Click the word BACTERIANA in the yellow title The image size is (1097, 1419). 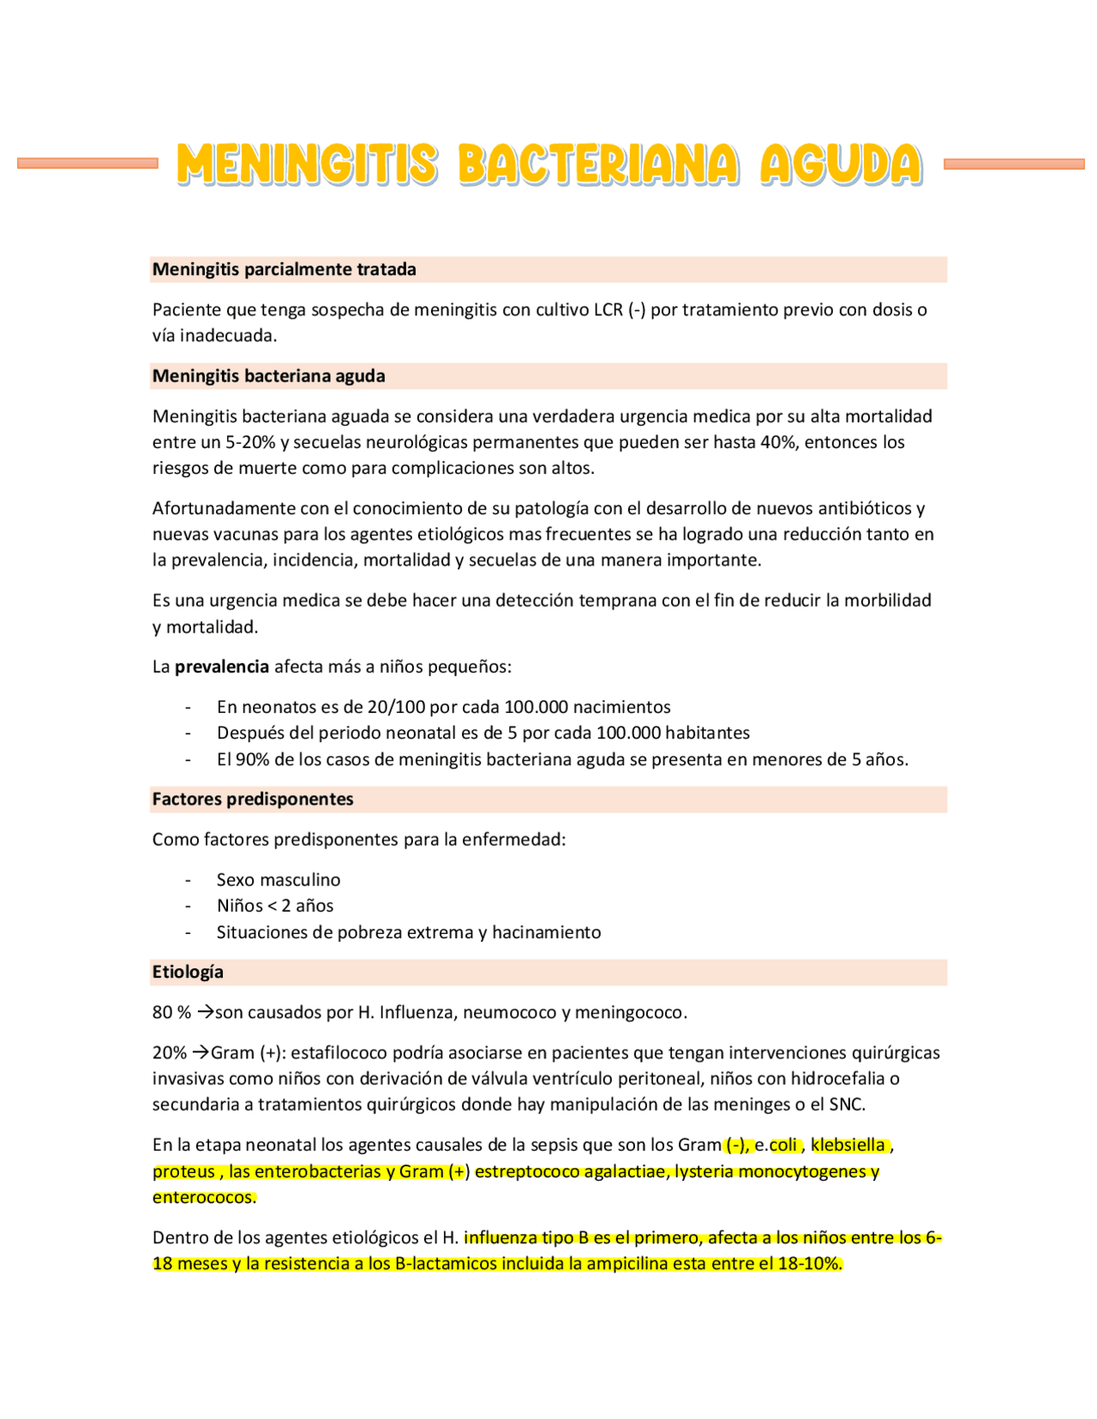[x=597, y=165]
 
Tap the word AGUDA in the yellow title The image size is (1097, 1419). [x=841, y=165]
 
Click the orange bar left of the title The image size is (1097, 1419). [x=87, y=163]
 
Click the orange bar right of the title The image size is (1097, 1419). [x=1014, y=163]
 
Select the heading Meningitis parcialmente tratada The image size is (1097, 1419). [x=284, y=270]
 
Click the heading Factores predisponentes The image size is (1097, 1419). [x=253, y=799]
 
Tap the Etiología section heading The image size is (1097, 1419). [x=188, y=973]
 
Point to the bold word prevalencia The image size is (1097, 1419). [x=222, y=667]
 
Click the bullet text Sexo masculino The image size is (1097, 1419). [x=279, y=880]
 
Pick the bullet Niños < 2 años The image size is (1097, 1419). [x=275, y=906]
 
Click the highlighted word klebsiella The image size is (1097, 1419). [x=848, y=1145]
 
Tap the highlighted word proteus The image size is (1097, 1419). [x=183, y=1171]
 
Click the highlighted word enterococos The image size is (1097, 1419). [x=203, y=1197]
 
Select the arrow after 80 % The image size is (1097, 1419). [x=205, y=1012]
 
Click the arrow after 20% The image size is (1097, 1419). [x=200, y=1052]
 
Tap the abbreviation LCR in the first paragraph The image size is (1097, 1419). [x=608, y=310]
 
